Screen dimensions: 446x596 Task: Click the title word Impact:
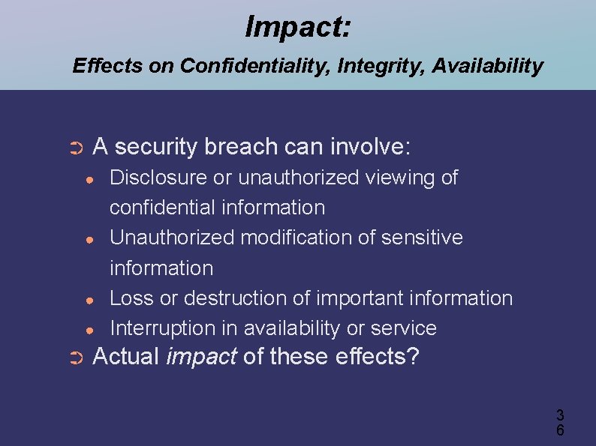(x=297, y=28)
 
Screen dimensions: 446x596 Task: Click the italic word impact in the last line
(x=200, y=356)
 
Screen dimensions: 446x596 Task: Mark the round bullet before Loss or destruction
(x=89, y=299)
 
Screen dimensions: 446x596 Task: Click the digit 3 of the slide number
(x=559, y=415)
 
